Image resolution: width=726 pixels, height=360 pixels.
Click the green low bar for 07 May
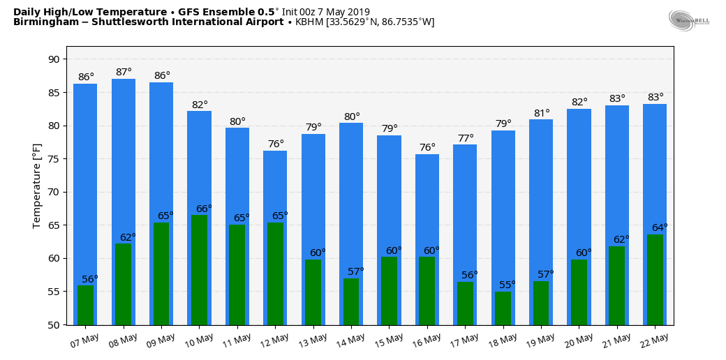[85, 305]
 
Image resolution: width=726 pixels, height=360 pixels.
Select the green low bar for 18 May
[503, 308]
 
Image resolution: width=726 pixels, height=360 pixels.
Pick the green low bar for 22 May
[655, 279]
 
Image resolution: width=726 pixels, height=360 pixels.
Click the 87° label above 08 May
[124, 72]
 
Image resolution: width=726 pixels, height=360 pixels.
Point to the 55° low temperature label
[508, 285]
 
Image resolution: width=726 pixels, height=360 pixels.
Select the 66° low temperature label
[204, 209]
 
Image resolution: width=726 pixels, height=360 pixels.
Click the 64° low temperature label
[660, 227]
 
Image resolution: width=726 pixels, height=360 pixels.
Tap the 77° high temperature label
[466, 138]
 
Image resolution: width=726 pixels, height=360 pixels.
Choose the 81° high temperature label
[542, 113]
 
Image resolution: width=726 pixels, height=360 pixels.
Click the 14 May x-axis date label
[351, 340]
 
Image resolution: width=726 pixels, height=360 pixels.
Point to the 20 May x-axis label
[579, 340]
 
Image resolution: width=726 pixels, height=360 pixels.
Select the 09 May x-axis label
[161, 340]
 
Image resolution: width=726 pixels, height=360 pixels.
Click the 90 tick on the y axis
[54, 59]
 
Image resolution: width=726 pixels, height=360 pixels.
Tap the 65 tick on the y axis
[54, 225]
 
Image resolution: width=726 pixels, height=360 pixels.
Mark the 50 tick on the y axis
[54, 325]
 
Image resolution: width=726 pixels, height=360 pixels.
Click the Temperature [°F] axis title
[37, 186]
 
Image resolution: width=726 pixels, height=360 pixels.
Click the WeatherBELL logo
[688, 20]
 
